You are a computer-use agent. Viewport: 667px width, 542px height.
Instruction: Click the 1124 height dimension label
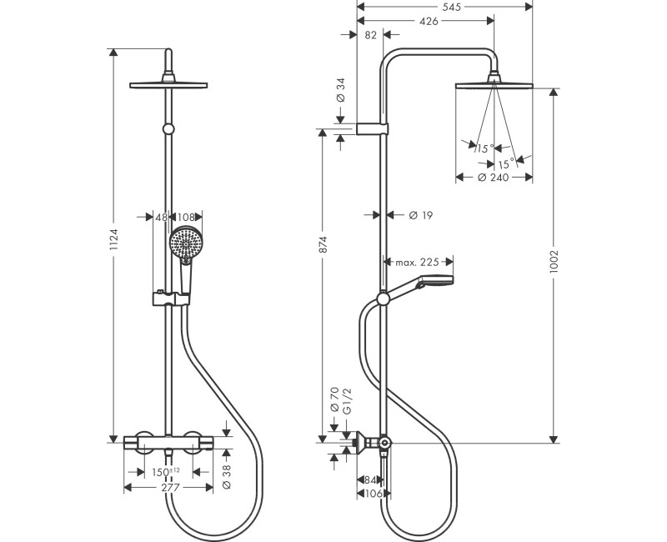click(115, 243)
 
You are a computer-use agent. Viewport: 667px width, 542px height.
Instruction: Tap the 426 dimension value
click(429, 21)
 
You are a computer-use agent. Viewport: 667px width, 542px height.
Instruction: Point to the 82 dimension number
click(372, 35)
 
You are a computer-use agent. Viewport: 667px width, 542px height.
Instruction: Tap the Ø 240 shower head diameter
click(494, 178)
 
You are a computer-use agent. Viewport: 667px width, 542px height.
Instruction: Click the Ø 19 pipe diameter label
click(421, 215)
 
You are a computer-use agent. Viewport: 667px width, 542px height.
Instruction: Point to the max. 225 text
click(417, 262)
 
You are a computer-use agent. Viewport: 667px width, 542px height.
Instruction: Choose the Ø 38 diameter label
click(227, 476)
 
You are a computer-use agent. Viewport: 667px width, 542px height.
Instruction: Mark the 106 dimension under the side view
click(374, 494)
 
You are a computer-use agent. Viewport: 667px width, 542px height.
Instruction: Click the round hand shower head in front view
click(184, 244)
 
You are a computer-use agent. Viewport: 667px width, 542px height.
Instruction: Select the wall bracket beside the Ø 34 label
click(371, 128)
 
